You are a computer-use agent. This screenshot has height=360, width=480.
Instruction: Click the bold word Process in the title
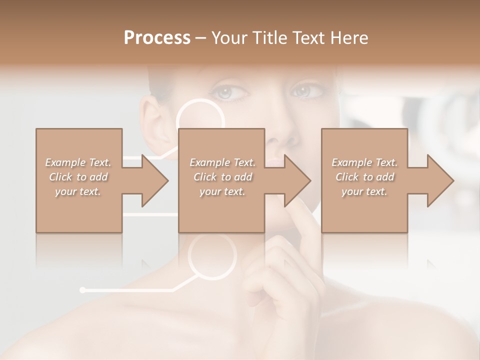tap(157, 38)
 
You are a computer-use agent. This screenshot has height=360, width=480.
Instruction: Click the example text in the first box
tap(78, 177)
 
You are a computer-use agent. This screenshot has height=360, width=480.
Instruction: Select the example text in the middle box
tap(222, 177)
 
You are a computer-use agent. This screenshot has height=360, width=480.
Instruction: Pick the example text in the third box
tap(364, 177)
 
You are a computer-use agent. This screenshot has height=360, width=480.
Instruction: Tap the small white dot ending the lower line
tap(82, 289)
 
